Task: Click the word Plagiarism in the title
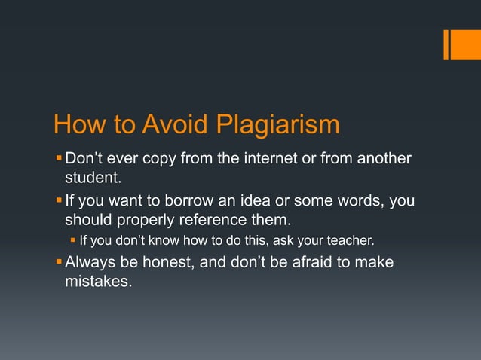pos(278,125)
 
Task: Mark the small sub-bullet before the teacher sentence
pos(73,241)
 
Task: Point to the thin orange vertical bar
pos(446,45)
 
